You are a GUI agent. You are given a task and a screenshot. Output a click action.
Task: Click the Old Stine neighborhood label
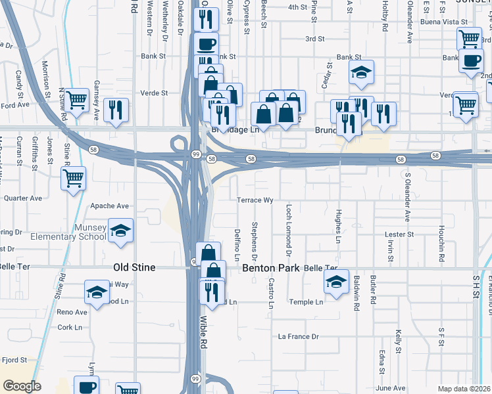(x=135, y=268)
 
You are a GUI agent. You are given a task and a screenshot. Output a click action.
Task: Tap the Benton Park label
(x=271, y=268)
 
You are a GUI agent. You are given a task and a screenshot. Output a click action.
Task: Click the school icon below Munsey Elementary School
(x=120, y=230)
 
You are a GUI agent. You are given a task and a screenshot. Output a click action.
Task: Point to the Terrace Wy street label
(x=255, y=200)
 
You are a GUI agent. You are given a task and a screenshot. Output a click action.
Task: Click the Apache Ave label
(x=109, y=206)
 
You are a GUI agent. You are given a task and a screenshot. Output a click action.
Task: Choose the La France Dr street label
(x=298, y=337)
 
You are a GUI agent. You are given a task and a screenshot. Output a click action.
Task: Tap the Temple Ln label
(x=306, y=302)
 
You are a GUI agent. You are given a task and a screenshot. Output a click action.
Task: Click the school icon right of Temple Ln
(x=336, y=282)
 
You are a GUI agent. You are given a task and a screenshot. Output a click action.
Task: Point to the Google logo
(x=22, y=386)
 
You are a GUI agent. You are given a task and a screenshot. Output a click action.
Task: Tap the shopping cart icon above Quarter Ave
(x=73, y=178)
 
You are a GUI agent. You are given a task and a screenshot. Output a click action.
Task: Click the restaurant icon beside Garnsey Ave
(x=116, y=110)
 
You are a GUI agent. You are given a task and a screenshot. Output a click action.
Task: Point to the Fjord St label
(x=13, y=360)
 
